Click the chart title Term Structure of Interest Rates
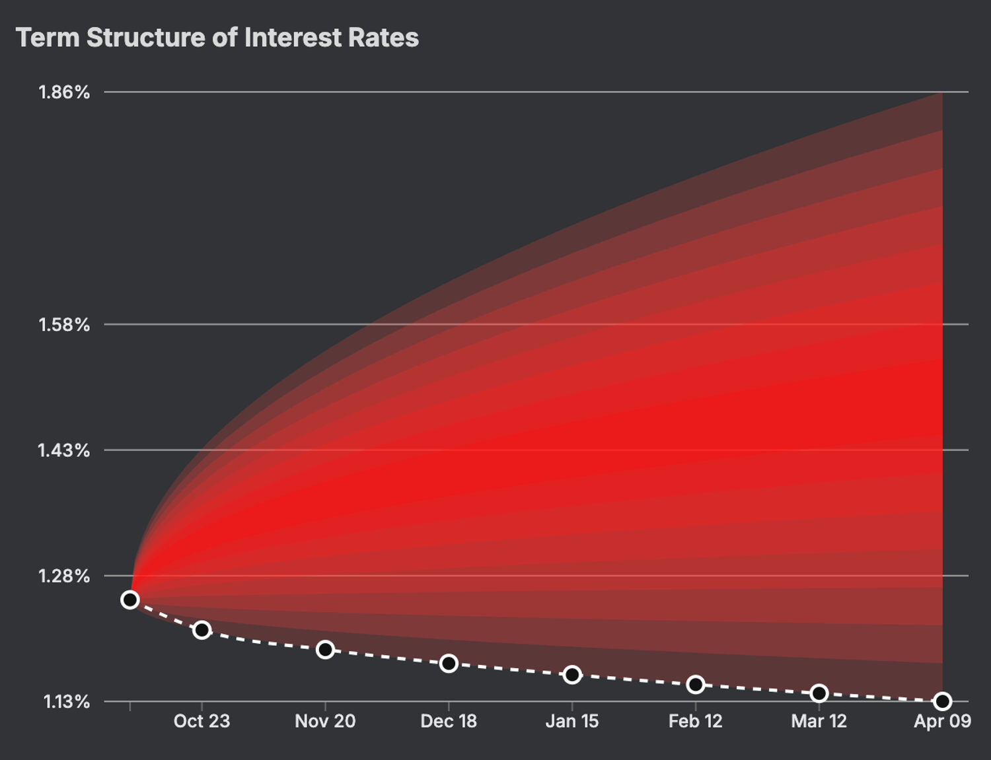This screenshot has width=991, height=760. [x=217, y=38]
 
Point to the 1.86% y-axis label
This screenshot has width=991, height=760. [x=64, y=92]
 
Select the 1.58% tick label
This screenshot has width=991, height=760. [x=64, y=324]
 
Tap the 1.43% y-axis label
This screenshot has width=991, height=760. [x=63, y=450]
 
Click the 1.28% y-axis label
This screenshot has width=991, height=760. [x=64, y=576]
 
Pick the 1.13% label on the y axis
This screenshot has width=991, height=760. [x=66, y=701]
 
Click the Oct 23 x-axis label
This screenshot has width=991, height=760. [x=202, y=721]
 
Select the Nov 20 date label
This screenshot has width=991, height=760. [x=325, y=721]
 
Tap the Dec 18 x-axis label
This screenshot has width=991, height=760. [x=449, y=721]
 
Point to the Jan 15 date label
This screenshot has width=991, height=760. [x=572, y=721]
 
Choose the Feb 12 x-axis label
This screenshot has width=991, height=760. [x=696, y=721]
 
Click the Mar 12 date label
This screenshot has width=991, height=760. [x=819, y=721]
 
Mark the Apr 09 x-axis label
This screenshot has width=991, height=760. [x=943, y=721]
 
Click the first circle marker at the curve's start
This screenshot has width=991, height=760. [x=130, y=600]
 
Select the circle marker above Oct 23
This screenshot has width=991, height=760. [x=202, y=630]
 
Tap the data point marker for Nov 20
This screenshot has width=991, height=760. [x=325, y=650]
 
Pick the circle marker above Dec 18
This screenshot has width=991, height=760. [x=449, y=664]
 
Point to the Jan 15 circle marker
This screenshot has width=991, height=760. [x=572, y=675]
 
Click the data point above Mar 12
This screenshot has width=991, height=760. [x=819, y=693]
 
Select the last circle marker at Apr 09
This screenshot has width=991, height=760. [x=943, y=701]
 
